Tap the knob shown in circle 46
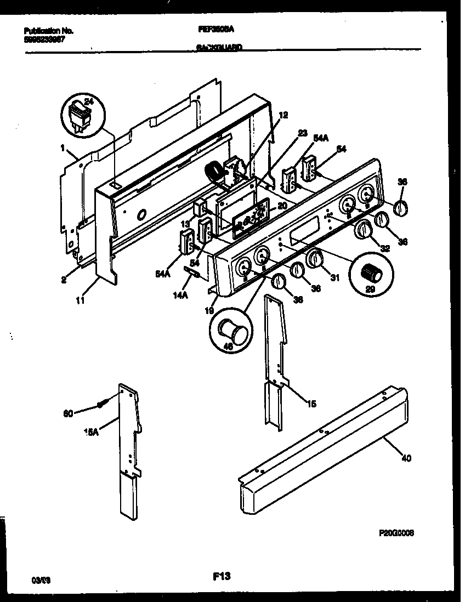[230, 331]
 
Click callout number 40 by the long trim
[406, 458]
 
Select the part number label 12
[283, 115]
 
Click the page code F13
[222, 576]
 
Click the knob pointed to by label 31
[314, 258]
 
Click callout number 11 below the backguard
[81, 300]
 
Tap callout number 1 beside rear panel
[64, 147]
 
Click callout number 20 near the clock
[282, 206]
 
